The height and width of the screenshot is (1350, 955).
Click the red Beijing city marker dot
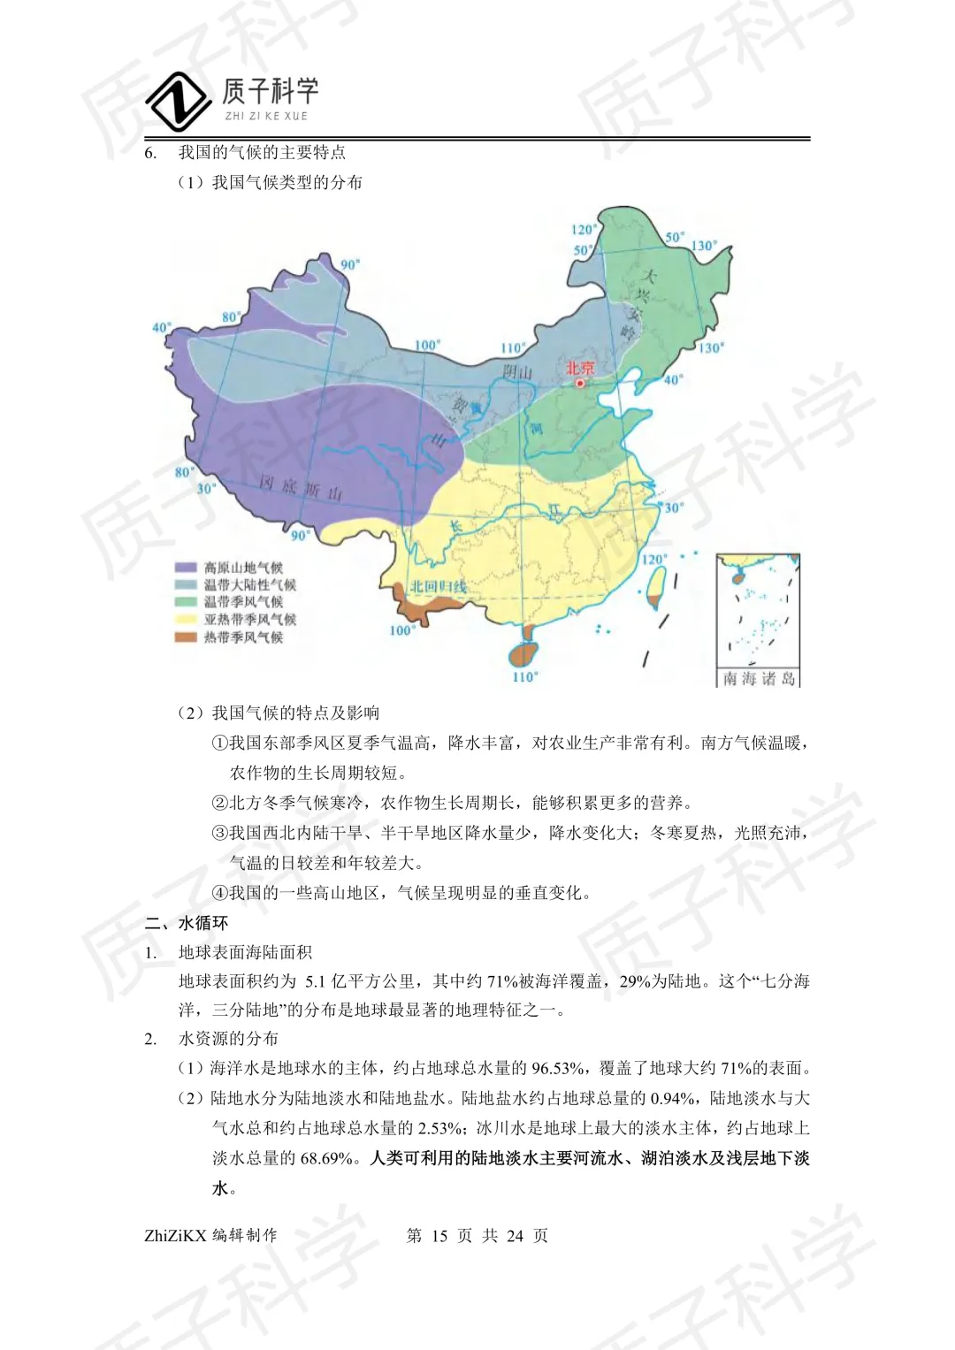[x=580, y=384]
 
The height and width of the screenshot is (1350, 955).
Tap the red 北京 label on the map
[x=580, y=368]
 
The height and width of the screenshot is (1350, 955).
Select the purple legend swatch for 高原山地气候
[x=186, y=568]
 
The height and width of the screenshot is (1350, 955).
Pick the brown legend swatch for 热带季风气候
[x=186, y=637]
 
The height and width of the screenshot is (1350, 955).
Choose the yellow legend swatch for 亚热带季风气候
[x=186, y=619]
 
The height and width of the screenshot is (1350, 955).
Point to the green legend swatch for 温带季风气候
[x=186, y=602]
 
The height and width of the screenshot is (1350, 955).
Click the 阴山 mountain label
[x=517, y=372]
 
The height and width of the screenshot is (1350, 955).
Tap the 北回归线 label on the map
[x=438, y=586]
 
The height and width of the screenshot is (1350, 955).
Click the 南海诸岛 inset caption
[x=759, y=679]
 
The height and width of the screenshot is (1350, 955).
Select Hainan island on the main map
[x=523, y=654]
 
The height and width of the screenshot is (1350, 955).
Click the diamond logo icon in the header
[x=179, y=102]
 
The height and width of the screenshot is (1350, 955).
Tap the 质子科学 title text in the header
[x=270, y=91]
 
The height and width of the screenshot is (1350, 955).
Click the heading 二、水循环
[x=187, y=923]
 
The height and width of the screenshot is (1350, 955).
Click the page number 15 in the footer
[x=439, y=1236]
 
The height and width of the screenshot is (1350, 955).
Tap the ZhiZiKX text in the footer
[x=175, y=1236]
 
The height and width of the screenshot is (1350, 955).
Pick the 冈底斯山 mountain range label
[x=301, y=488]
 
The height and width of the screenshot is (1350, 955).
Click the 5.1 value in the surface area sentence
[x=317, y=981]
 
